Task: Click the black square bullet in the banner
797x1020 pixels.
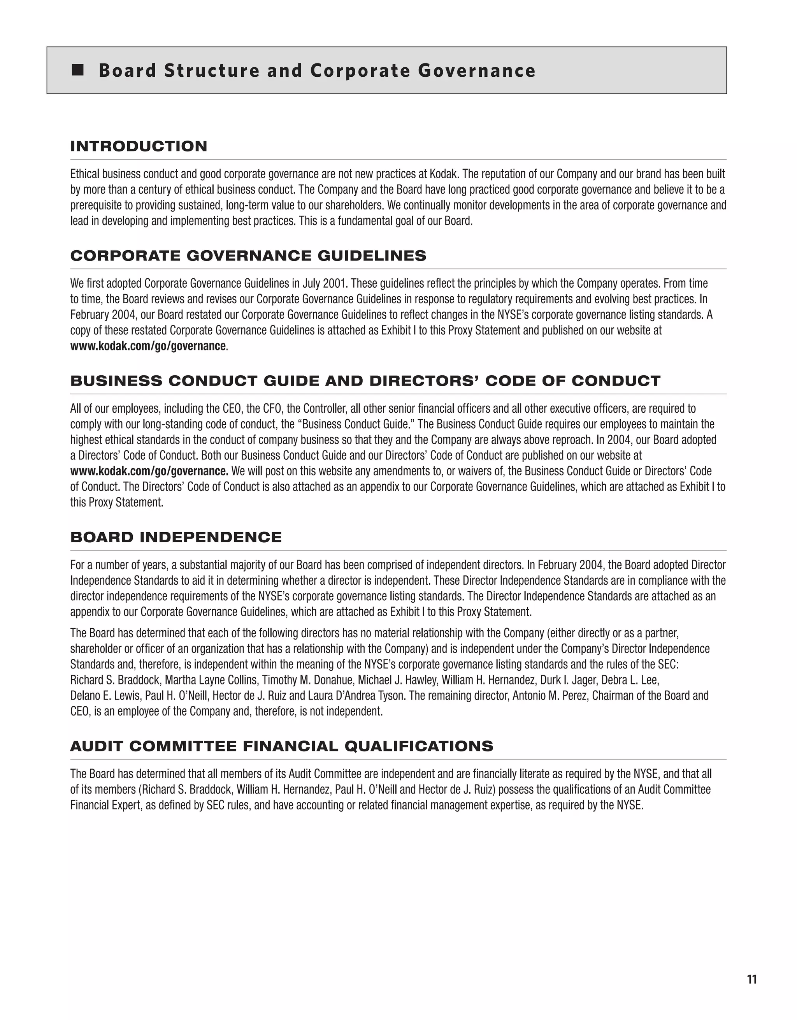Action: pyautogui.click(x=78, y=70)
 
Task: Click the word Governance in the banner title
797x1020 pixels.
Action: pyautogui.click(x=477, y=70)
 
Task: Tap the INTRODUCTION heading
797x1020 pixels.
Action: pyautogui.click(x=139, y=146)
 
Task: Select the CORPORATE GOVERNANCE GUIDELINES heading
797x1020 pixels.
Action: pyautogui.click(x=248, y=255)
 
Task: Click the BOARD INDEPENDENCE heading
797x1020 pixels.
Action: pyautogui.click(x=176, y=537)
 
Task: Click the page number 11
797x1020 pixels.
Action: pyautogui.click(x=752, y=980)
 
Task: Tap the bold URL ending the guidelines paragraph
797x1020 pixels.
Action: pyautogui.click(x=148, y=346)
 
